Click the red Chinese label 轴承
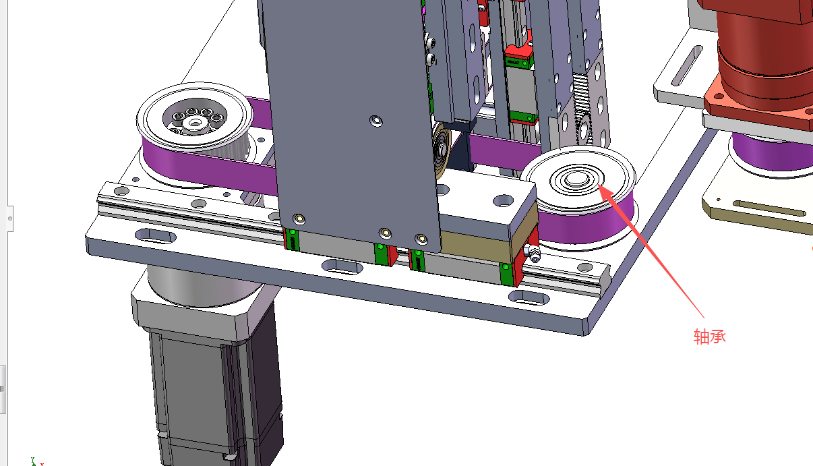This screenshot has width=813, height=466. pos(710,337)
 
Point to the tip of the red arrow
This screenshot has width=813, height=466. pos(597,185)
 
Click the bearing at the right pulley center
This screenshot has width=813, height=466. pos(577,179)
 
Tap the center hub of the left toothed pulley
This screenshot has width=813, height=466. pos(195,123)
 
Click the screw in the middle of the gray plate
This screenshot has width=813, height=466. pos(376,121)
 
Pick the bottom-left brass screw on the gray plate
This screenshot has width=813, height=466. pos(299,219)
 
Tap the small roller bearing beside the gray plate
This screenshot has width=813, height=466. pos(442,149)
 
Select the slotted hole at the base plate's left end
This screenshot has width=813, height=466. pos(155,237)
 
